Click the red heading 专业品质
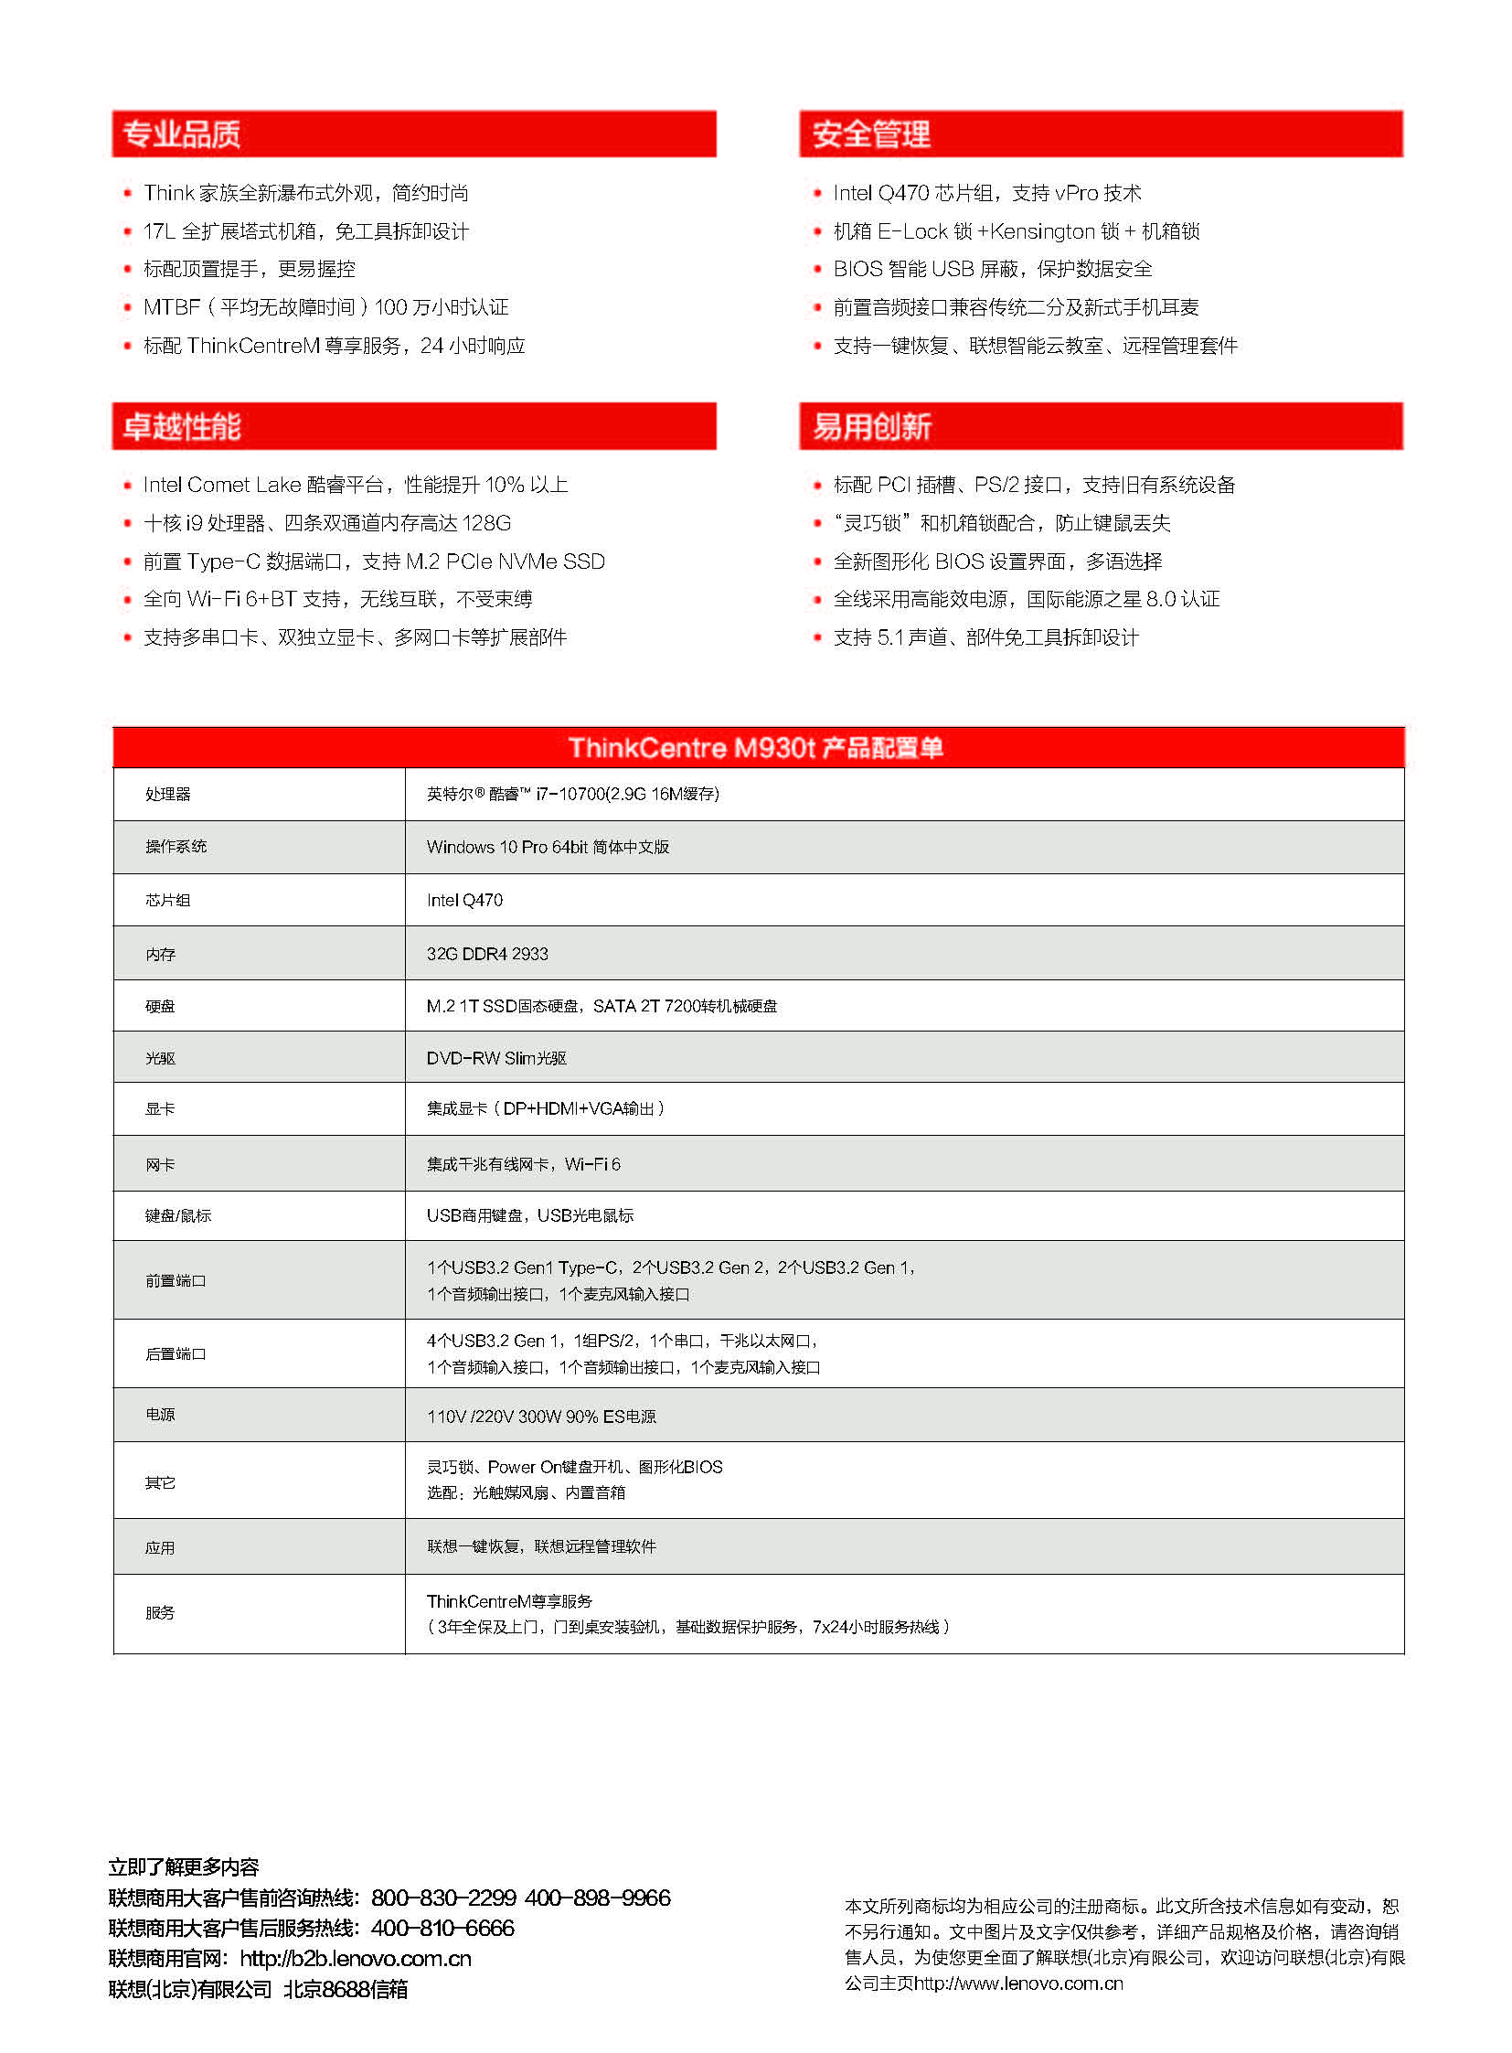pyautogui.click(x=181, y=134)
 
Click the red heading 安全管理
pyautogui.click(x=870, y=134)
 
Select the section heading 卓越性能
pyautogui.click(x=181, y=426)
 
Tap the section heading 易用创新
pyautogui.click(x=870, y=426)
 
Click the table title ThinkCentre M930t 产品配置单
pyautogui.click(x=756, y=747)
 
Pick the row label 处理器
pyautogui.click(x=167, y=794)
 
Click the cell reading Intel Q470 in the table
pyautogui.click(x=464, y=900)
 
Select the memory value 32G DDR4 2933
pyautogui.click(x=487, y=953)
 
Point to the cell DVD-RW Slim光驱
pyautogui.click(x=496, y=1058)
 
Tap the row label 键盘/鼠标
pyautogui.click(x=177, y=1215)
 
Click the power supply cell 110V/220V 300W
pyautogui.click(x=541, y=1416)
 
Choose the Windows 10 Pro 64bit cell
pyautogui.click(x=548, y=847)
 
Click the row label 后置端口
pyautogui.click(x=175, y=1353)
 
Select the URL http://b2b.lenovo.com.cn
pyautogui.click(x=355, y=1959)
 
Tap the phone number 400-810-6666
pyautogui.click(x=442, y=1928)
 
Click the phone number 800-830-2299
pyautogui.click(x=443, y=1898)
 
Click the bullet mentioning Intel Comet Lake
pyautogui.click(x=355, y=485)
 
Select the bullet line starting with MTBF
pyautogui.click(x=325, y=306)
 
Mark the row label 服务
pyautogui.click(x=159, y=1612)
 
